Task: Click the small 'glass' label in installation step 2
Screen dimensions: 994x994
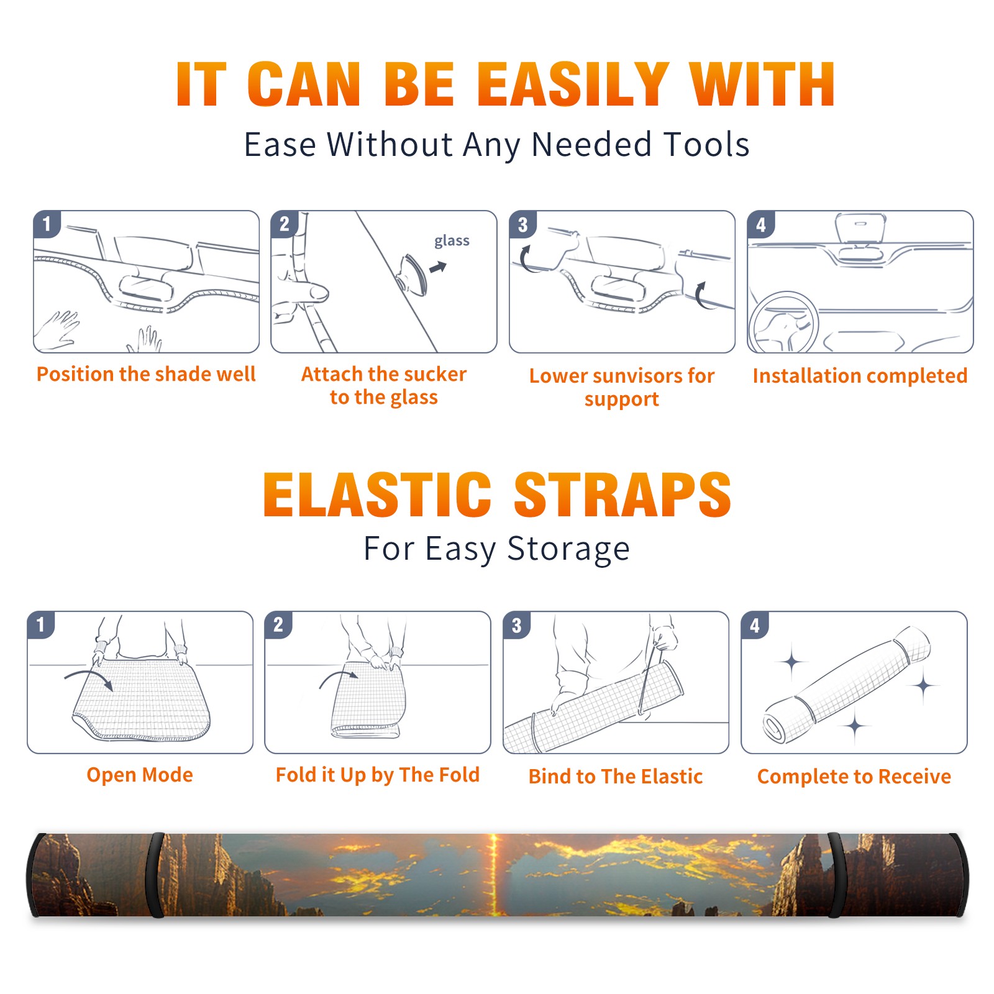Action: [452, 241]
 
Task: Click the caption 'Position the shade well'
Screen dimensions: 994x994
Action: [146, 374]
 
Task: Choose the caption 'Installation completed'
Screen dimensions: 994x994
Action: [860, 376]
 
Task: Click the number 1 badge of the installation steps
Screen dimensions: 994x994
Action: [47, 223]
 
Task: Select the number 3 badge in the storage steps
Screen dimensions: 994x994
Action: [517, 624]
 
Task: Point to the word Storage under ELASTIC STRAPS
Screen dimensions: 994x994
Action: [568, 550]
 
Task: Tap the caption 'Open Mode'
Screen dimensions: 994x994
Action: [140, 775]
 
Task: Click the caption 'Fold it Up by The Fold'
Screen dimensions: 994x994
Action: [378, 775]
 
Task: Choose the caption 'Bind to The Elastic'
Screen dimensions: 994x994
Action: [616, 777]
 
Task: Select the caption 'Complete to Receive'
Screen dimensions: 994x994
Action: [854, 777]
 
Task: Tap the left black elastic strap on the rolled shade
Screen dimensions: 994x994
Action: [155, 875]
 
